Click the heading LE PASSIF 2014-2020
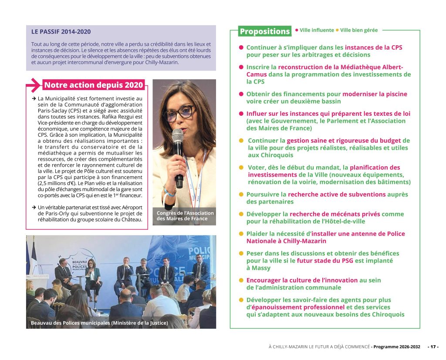61,32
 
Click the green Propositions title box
265,31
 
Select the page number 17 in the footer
433,347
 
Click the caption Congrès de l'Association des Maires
185,216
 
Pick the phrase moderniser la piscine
375,94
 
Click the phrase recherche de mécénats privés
334,214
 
